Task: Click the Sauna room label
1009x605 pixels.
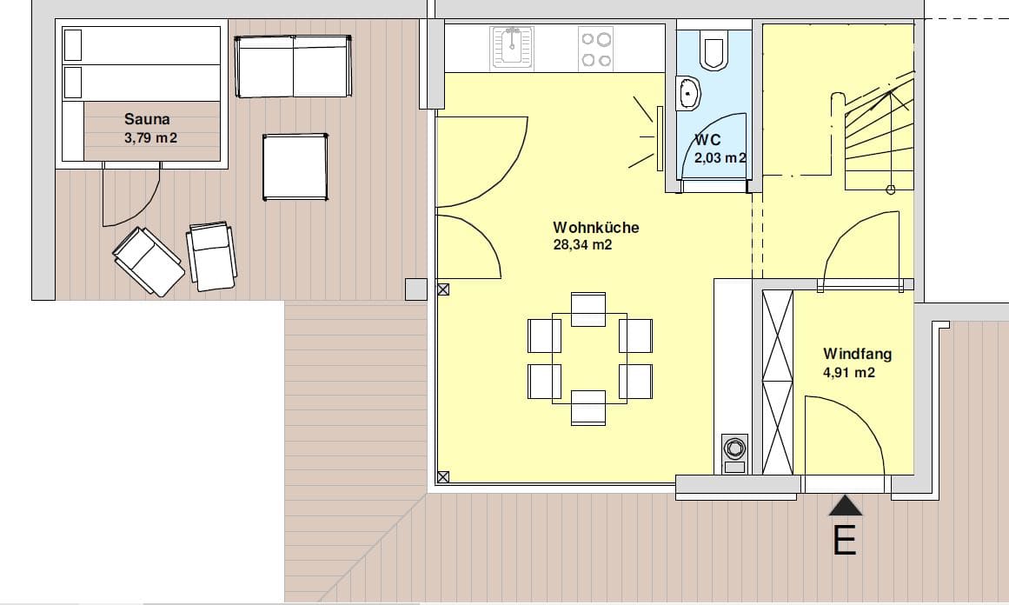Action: tap(147, 119)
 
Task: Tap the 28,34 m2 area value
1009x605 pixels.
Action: tap(582, 244)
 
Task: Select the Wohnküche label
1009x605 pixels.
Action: tap(596, 227)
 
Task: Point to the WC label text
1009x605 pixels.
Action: tap(707, 140)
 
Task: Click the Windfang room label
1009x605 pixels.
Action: tap(857, 353)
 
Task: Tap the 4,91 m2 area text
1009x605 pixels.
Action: tap(849, 372)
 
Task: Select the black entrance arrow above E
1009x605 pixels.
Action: tap(845, 505)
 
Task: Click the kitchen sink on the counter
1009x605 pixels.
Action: tap(512, 47)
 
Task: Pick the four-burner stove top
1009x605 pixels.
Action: tap(596, 49)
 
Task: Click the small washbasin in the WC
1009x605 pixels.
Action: tap(688, 94)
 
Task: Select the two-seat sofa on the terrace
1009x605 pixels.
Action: tap(294, 66)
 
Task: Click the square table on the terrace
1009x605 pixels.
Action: tap(295, 167)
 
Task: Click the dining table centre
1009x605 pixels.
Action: tap(589, 358)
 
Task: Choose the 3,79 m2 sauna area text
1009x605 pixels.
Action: tap(150, 137)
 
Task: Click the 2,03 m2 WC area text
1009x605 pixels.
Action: tap(720, 157)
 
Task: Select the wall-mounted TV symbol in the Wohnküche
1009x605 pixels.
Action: tap(659, 138)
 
